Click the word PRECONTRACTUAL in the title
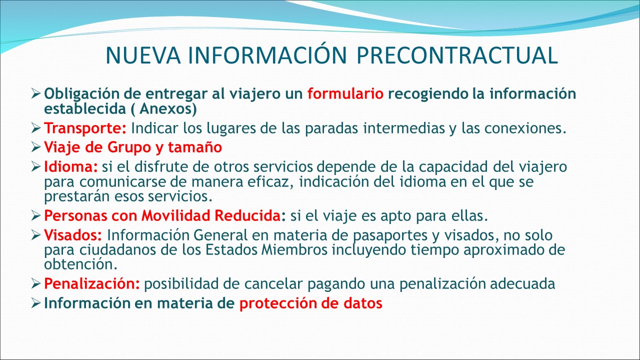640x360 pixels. click(457, 55)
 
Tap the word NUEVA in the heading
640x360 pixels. click(143, 55)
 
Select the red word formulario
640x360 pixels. click(345, 93)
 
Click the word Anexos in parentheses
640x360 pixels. click(165, 108)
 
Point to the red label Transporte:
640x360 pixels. click(85, 128)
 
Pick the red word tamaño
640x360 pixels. click(194, 147)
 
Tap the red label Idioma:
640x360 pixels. click(71, 166)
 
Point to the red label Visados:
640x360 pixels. click(73, 235)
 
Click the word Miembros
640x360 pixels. click(294, 249)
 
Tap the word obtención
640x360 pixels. click(80, 264)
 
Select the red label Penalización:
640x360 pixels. click(91, 283)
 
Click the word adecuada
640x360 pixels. click(522, 283)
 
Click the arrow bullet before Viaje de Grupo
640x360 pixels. click(36, 147)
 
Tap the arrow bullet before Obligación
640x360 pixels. click(36, 93)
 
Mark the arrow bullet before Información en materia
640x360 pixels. click(36, 303)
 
